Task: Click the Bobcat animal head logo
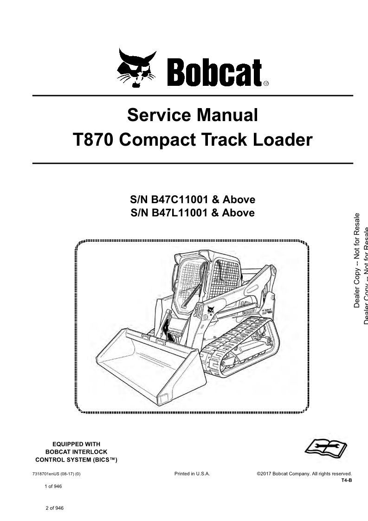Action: tap(136, 68)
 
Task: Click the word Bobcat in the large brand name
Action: tap(214, 72)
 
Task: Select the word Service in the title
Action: tap(159, 115)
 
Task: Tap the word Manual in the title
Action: tap(227, 115)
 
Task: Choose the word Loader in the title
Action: tap(283, 140)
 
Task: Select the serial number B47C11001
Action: tap(180, 199)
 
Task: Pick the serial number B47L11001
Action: tap(180, 212)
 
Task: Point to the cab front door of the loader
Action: tap(188, 286)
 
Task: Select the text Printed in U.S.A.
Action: tap(192, 474)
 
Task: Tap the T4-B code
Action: tap(346, 480)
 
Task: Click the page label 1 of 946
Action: tap(53, 487)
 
